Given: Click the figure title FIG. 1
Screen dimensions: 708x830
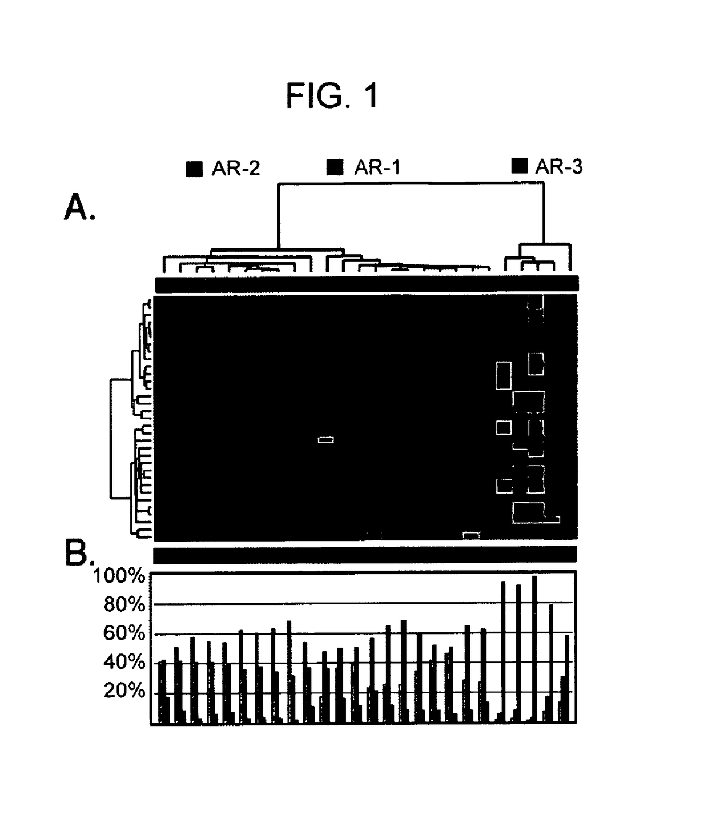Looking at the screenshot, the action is [x=332, y=95].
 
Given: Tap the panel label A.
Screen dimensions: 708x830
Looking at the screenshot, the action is [x=79, y=207].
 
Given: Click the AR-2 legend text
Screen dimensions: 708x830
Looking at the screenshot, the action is [x=235, y=169].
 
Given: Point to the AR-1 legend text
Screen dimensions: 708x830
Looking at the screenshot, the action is [x=377, y=167].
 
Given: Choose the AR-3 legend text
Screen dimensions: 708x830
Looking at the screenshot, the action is [x=558, y=166].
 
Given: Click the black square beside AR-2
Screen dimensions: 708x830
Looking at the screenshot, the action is [x=195, y=169].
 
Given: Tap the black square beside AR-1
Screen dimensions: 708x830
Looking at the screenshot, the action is [x=335, y=167].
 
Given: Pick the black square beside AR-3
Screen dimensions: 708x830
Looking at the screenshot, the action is [x=520, y=166].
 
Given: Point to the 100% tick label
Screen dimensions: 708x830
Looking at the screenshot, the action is [x=119, y=576].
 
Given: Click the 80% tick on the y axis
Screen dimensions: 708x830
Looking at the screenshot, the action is [x=124, y=604].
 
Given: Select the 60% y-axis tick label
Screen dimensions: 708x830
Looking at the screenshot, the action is [x=124, y=633].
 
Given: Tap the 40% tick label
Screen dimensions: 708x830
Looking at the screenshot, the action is [x=124, y=663].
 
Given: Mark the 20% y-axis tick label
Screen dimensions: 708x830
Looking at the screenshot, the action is [x=124, y=691].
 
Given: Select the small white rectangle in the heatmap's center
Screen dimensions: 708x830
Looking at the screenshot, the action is [x=325, y=439].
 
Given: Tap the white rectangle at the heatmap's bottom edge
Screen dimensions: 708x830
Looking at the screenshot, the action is [x=471, y=535].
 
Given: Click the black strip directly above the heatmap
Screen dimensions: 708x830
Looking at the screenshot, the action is [x=367, y=284].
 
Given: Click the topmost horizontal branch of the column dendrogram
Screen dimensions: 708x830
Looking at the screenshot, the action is [x=411, y=183].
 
